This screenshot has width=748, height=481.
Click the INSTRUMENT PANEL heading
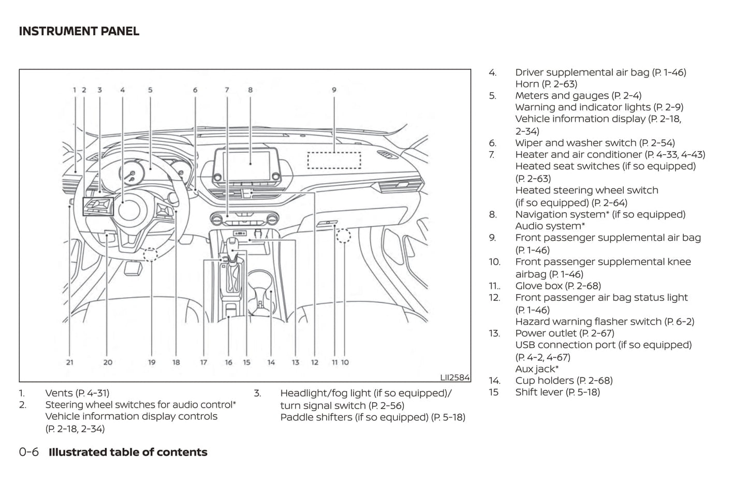(x=79, y=31)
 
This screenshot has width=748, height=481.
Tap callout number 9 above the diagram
(x=334, y=90)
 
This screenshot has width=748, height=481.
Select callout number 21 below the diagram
(x=70, y=362)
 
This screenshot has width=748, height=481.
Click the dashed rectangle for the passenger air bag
(x=334, y=161)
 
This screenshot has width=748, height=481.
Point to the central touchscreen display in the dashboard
(x=250, y=164)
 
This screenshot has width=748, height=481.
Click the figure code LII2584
(x=454, y=377)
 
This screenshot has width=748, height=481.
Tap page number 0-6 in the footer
(x=29, y=452)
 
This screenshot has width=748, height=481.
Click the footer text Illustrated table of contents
(x=128, y=452)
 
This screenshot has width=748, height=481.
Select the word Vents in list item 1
(x=59, y=393)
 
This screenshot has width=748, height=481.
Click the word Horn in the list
(x=527, y=84)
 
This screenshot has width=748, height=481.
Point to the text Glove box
(x=538, y=286)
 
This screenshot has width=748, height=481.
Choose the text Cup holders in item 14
(x=544, y=381)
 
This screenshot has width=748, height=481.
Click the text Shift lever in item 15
(x=539, y=392)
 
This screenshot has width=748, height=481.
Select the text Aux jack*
(x=536, y=369)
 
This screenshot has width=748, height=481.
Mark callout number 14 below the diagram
(x=271, y=362)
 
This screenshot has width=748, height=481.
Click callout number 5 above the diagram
(x=150, y=90)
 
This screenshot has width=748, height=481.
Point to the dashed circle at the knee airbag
(x=343, y=236)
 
